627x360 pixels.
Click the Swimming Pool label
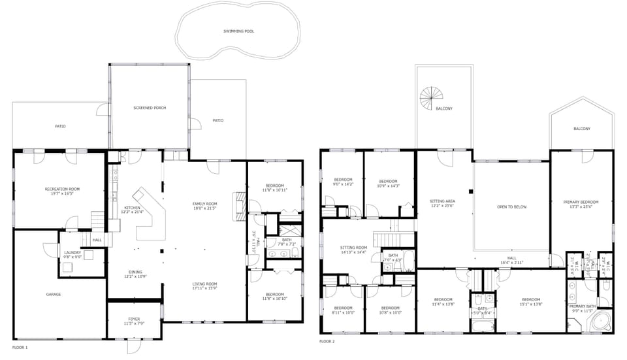coord(238,31)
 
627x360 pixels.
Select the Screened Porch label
coord(150,107)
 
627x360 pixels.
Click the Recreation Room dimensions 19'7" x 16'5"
coord(59,194)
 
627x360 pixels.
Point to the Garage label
coord(53,295)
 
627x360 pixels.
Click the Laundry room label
coord(72,253)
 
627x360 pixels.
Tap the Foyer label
coord(134,319)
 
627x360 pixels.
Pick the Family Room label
coord(204,204)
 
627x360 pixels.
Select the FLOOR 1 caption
coord(20,347)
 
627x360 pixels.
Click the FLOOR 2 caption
coord(327,341)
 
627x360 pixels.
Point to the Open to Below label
coord(511,207)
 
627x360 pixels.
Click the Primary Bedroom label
coord(581,202)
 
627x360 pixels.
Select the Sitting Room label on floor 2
coord(353,248)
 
